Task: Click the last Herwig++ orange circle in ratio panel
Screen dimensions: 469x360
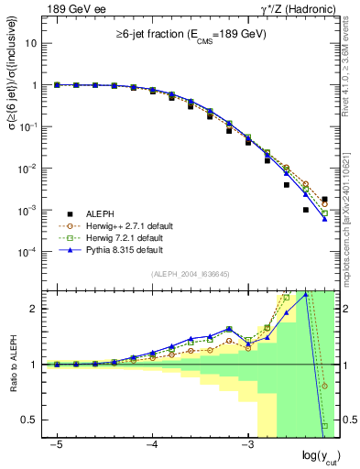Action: click(x=324, y=386)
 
